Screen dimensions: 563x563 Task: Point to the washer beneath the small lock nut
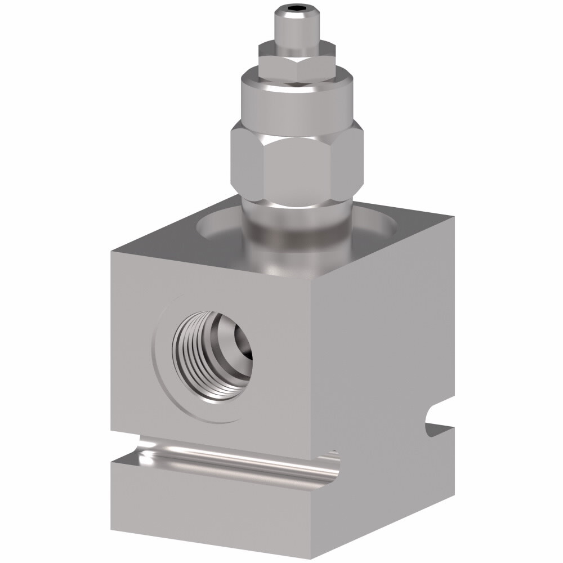[297, 46]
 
